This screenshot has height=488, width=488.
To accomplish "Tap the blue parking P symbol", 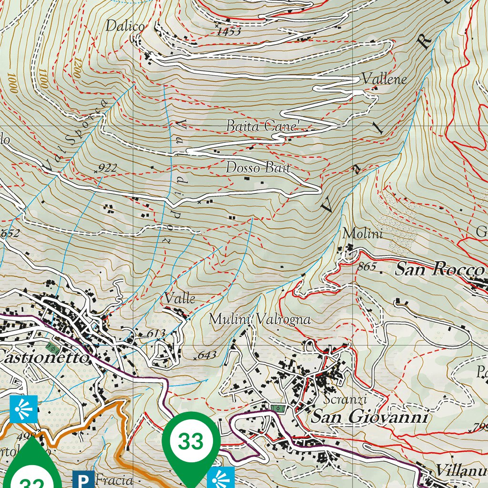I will click(83, 479).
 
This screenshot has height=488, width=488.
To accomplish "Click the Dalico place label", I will click(125, 26).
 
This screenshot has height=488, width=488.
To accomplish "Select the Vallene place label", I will click(384, 79).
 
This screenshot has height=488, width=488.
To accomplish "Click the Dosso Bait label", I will click(258, 168).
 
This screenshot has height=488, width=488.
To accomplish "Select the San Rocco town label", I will click(439, 270).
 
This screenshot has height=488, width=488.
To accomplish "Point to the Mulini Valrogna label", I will click(260, 319).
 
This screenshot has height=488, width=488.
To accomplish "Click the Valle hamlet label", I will click(180, 298).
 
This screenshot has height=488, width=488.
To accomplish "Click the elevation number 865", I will click(366, 267).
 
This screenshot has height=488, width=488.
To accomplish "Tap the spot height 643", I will click(207, 355).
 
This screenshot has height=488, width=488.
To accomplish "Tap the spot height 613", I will click(156, 333).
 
